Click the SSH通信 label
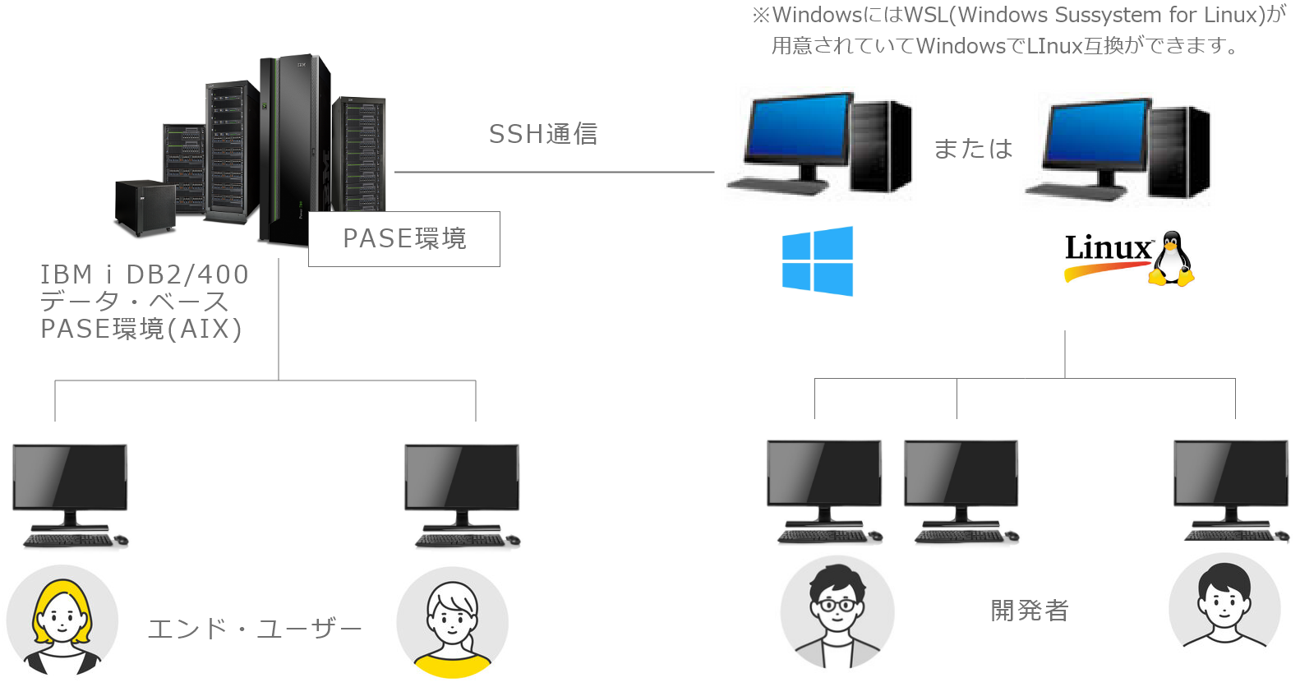tap(543, 134)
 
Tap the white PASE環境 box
tap(403, 238)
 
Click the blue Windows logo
tap(817, 261)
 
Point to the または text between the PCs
tap(974, 149)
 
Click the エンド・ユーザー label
tap(255, 629)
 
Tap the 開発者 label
tap(1029, 611)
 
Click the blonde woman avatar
tap(62, 620)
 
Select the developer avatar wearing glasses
tap(836, 611)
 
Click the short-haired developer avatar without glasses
tap(1224, 606)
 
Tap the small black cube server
tap(145, 206)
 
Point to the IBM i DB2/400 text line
tap(145, 274)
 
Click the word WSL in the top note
tap(926, 15)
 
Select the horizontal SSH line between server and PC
tap(555, 173)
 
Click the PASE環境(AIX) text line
tap(141, 329)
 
